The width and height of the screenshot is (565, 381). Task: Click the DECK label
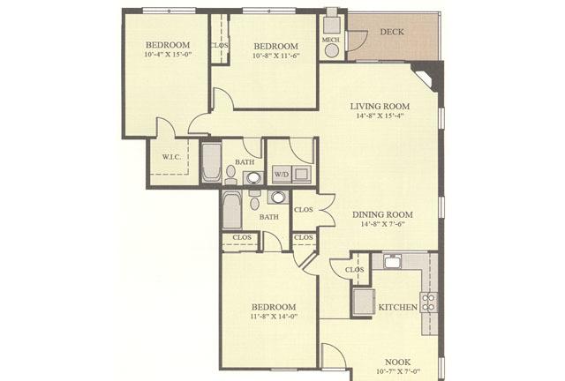click(392, 32)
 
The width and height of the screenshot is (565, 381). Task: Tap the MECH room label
click(331, 40)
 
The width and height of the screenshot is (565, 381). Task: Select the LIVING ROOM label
click(380, 106)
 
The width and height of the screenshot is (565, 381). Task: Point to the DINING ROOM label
click(382, 214)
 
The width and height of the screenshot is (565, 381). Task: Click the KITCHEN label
click(398, 307)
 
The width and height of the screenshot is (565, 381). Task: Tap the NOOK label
click(398, 362)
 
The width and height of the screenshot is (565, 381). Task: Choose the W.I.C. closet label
click(170, 157)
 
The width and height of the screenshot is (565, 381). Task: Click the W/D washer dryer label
click(282, 175)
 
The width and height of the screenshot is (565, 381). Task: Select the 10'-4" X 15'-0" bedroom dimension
click(168, 55)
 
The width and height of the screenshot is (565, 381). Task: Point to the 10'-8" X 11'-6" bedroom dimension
click(276, 56)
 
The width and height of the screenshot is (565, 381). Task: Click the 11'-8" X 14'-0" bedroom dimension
click(274, 317)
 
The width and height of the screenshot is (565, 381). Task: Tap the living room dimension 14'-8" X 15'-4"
click(380, 116)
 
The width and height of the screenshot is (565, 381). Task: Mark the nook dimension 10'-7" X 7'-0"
click(398, 371)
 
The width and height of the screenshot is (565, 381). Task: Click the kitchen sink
click(392, 261)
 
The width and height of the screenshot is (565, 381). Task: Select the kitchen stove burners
click(429, 303)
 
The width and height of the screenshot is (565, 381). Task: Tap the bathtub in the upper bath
click(211, 162)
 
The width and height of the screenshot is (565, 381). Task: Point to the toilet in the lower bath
click(255, 201)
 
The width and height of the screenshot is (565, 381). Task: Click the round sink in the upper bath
click(253, 178)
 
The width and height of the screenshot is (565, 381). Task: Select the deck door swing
click(357, 41)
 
